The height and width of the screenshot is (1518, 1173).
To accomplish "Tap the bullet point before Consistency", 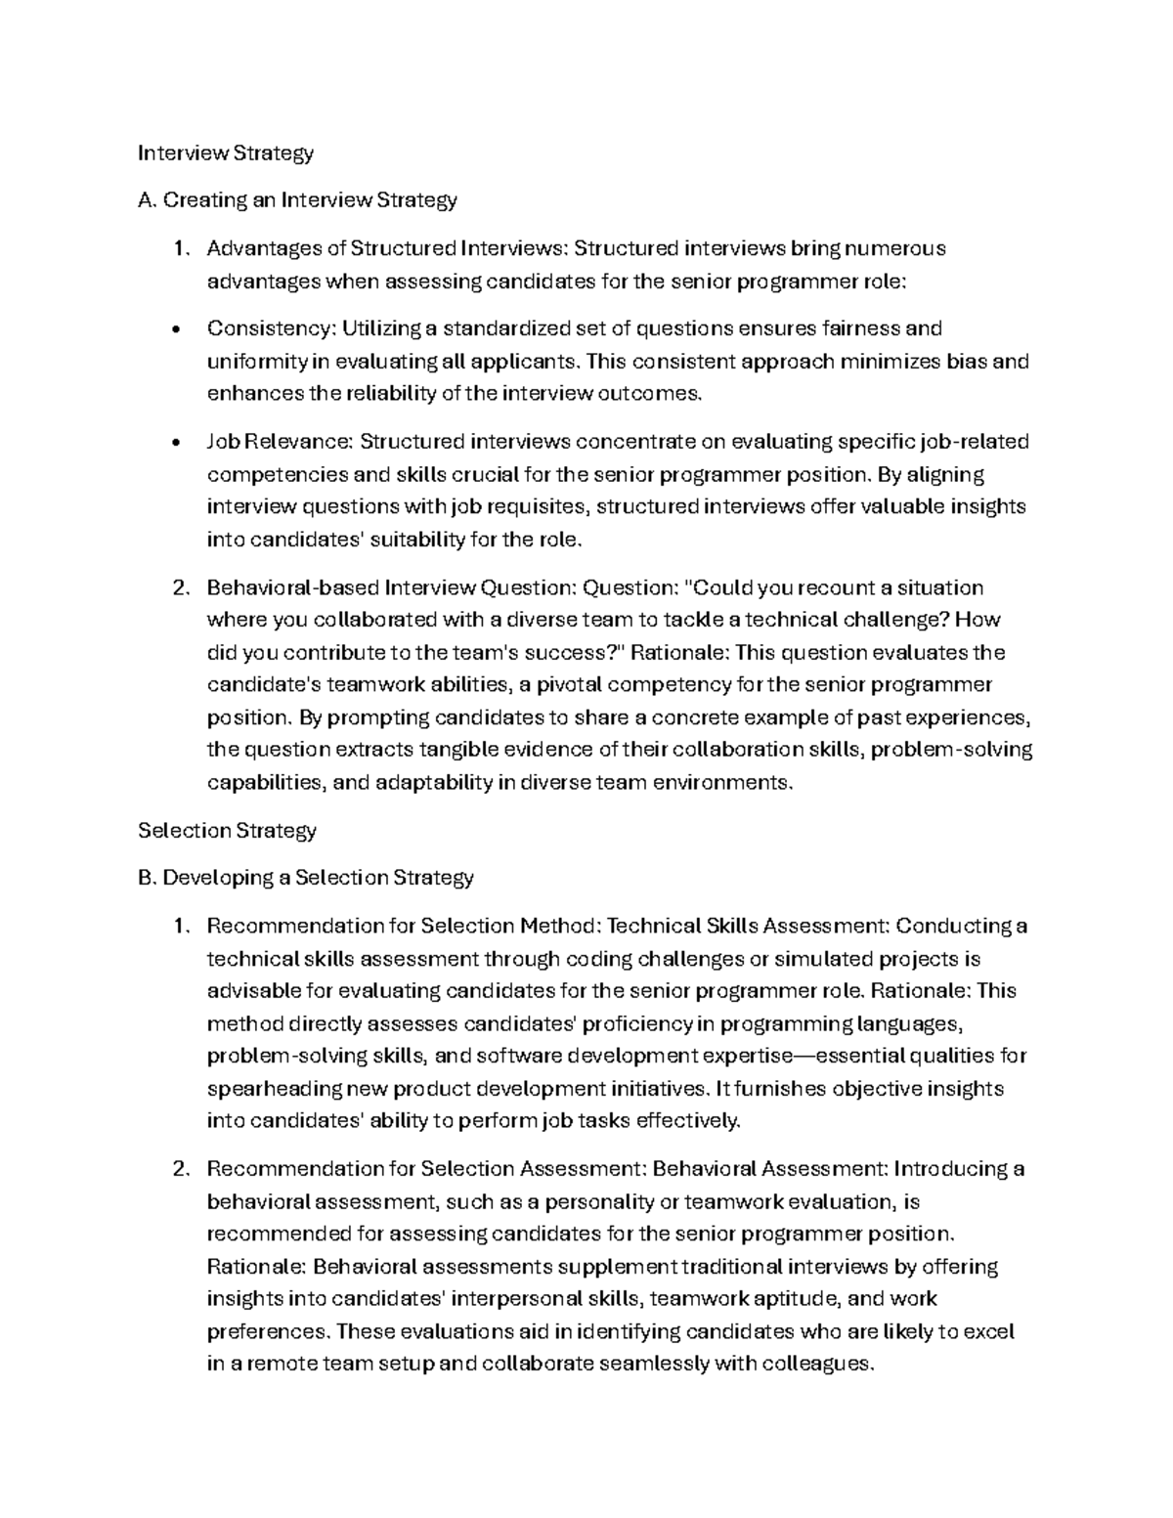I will (174, 330).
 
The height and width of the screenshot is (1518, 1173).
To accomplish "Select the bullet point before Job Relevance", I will (174, 444).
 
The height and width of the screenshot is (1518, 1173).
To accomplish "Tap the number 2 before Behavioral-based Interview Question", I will (179, 587).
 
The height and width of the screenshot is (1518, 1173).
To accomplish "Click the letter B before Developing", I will (146, 878).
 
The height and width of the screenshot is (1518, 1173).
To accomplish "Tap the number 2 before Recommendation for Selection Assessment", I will (179, 1169).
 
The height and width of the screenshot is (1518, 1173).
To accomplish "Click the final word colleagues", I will (817, 1364).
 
